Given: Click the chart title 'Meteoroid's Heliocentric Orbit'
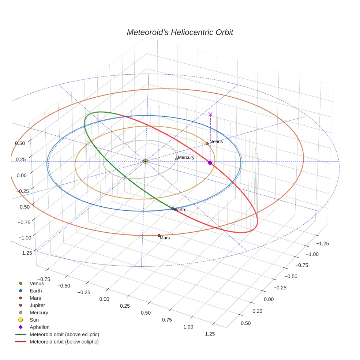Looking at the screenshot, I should point(180,32).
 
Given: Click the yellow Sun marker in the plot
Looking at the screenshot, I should point(145,161).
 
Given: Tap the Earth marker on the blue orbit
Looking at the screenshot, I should point(173,209).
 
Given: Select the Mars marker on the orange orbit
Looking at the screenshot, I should point(159,235).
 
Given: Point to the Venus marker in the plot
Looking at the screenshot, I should point(207,144).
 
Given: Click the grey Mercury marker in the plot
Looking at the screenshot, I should point(176,159).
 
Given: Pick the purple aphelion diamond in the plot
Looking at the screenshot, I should point(210,163).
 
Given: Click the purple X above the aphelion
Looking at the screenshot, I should point(210,114).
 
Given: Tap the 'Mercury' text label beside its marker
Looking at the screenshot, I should point(186,157).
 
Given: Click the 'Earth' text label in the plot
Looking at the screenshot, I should point(180,210).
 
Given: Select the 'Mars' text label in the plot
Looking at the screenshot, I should point(165,238).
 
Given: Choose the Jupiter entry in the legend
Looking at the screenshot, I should point(37,305).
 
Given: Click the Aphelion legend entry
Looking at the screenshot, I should point(40,327).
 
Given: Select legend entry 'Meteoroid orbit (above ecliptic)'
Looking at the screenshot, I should point(64,334).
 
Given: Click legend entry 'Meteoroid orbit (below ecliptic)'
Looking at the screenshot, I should point(64,342).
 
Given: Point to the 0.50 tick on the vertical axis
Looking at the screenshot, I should point(20,143).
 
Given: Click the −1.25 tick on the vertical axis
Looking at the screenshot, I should point(25,252).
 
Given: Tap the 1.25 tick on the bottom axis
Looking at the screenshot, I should point(210,334).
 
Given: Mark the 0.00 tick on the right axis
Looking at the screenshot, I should point(269,299).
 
